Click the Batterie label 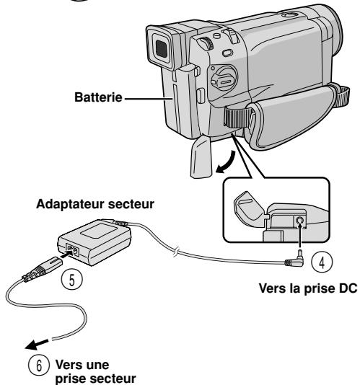click(x=98, y=97)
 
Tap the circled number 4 click(x=322, y=262)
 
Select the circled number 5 click(x=71, y=280)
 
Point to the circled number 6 click(x=39, y=365)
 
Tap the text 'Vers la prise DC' click(x=308, y=288)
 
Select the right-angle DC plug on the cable click(x=296, y=260)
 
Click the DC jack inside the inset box click(x=299, y=221)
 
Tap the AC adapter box click(x=95, y=242)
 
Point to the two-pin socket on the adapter click(x=72, y=250)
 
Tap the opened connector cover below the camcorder click(x=201, y=158)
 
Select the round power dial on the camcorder click(x=224, y=79)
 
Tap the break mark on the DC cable click(x=176, y=252)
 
